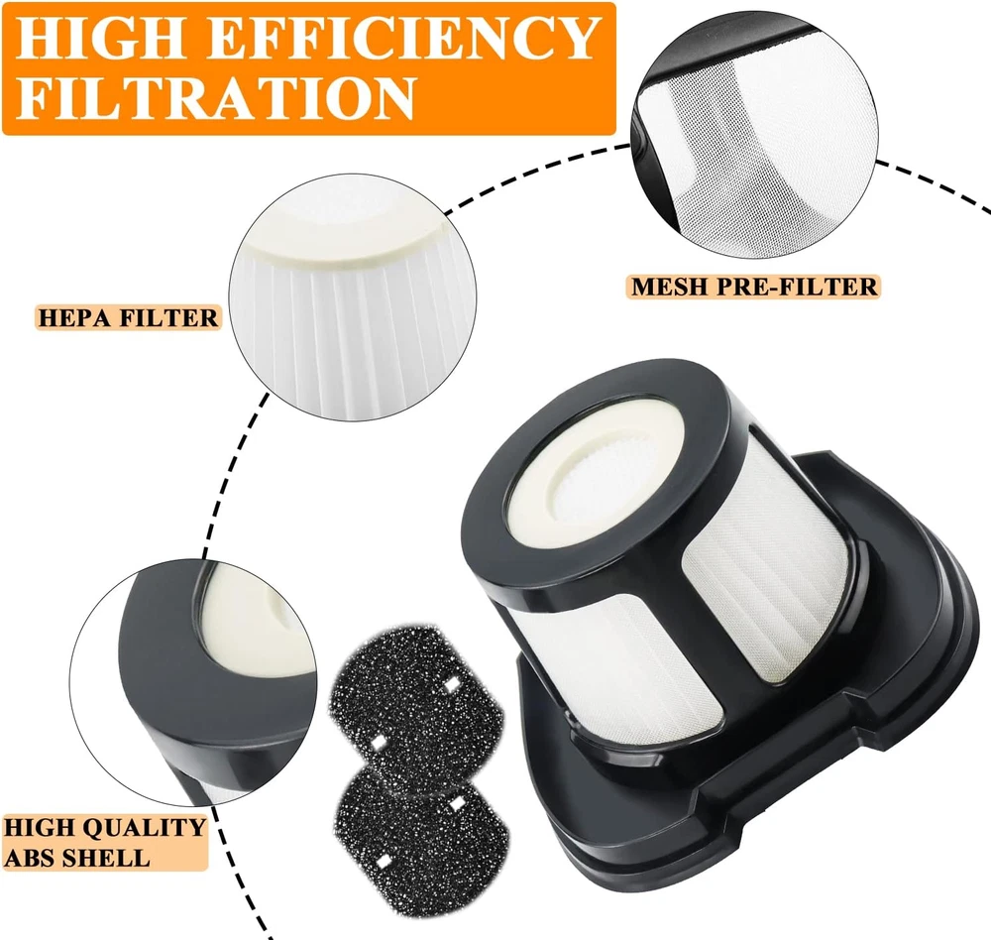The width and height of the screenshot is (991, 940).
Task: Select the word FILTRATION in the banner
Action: click(x=215, y=97)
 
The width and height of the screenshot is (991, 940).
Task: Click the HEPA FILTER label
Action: click(x=128, y=317)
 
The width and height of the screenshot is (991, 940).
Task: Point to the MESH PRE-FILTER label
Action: click(x=754, y=288)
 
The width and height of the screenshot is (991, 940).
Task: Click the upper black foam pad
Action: click(x=417, y=700)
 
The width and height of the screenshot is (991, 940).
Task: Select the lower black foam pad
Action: click(x=421, y=836)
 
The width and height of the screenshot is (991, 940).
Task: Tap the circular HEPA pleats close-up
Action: click(x=352, y=297)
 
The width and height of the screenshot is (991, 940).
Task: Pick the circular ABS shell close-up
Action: click(x=193, y=680)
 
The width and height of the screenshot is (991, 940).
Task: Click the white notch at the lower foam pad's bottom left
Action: click(x=383, y=862)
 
